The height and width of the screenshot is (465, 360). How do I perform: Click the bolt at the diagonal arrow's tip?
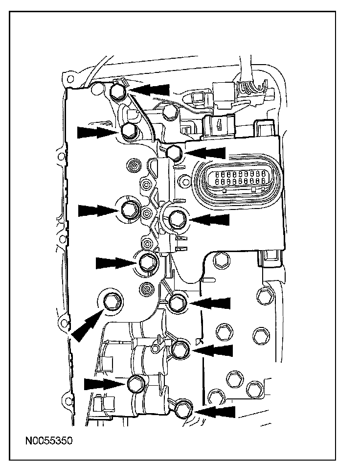113,302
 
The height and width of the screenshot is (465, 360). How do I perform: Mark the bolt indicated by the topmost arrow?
119,90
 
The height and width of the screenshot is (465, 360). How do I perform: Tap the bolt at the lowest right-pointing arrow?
135,383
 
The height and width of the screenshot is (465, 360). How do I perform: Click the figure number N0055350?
49,441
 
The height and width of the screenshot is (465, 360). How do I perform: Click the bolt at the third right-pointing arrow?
147,263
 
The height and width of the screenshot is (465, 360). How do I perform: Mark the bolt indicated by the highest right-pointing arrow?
129,131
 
